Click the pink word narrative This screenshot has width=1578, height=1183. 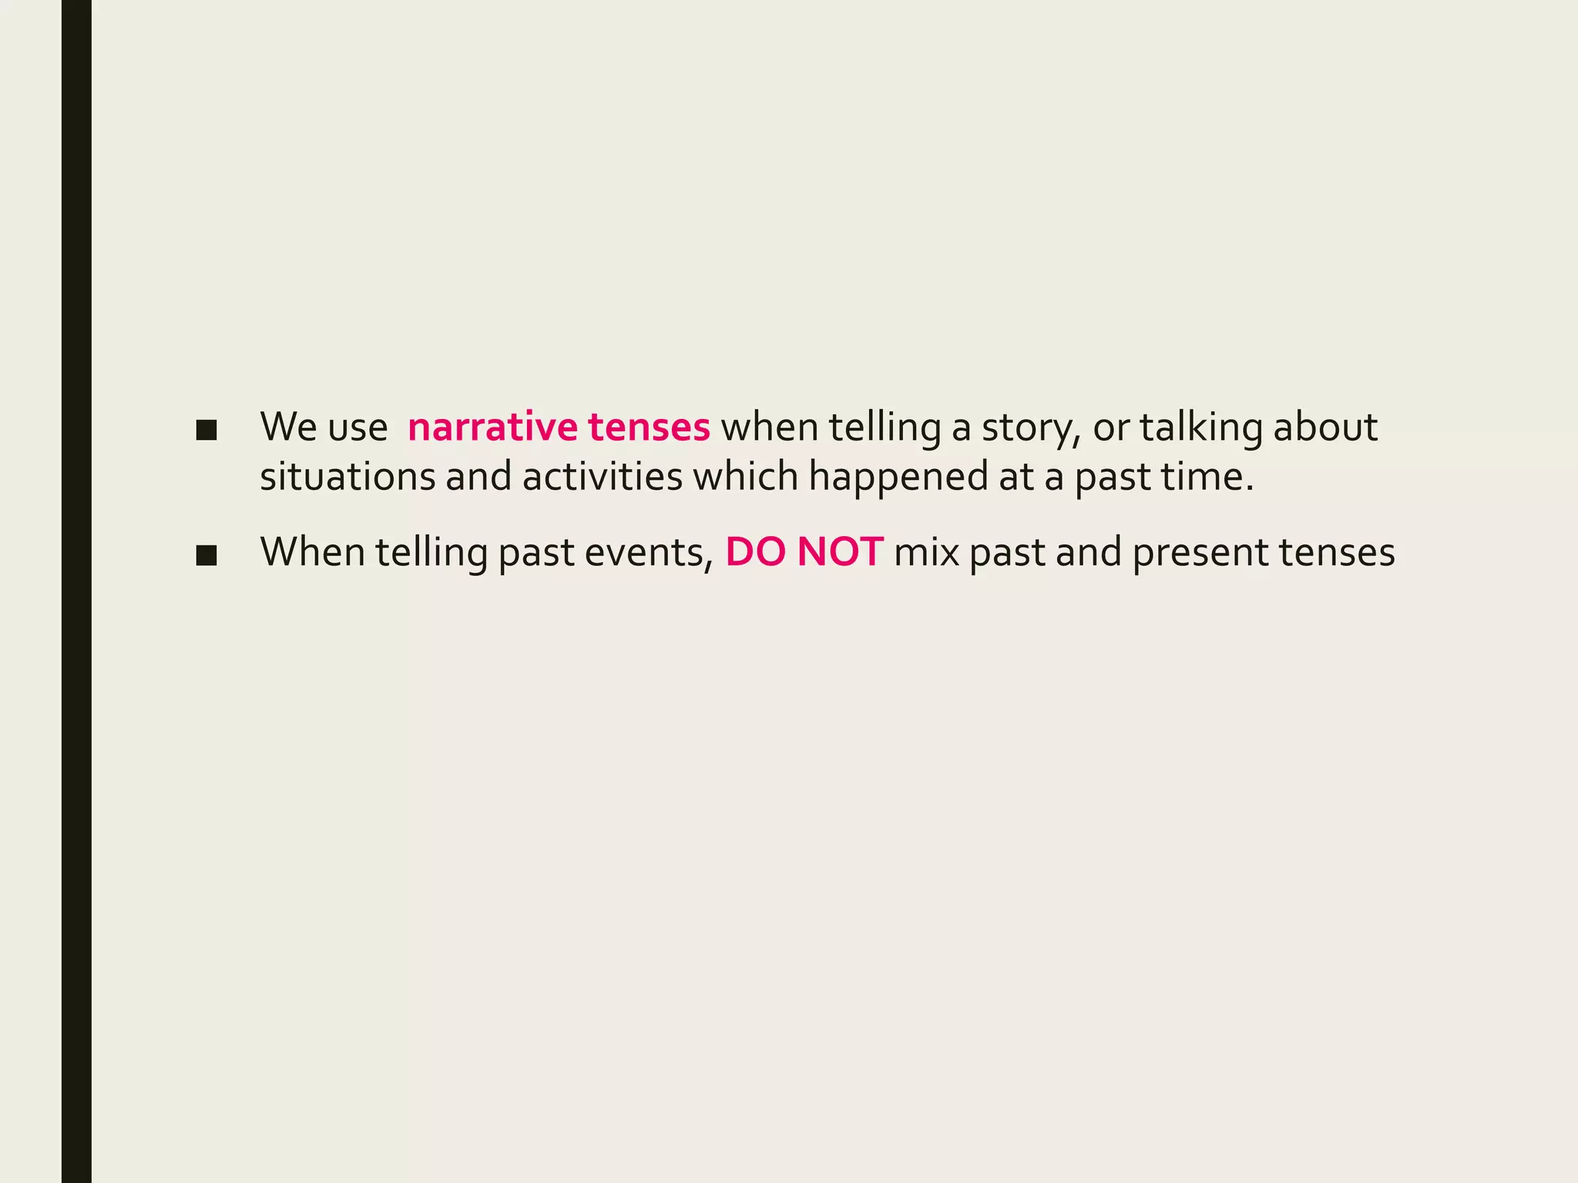click(x=492, y=427)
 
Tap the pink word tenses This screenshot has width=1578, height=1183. click(x=649, y=427)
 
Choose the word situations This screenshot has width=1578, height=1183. click(x=347, y=477)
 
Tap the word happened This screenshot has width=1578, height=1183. click(x=898, y=477)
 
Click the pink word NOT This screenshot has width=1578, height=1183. click(x=840, y=553)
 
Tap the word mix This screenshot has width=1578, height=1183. click(x=926, y=553)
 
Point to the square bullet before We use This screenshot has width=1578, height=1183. click(x=206, y=431)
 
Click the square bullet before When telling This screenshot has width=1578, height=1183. click(x=206, y=556)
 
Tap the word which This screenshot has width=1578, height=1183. click(x=745, y=477)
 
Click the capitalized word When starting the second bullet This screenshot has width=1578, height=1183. click(x=313, y=553)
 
